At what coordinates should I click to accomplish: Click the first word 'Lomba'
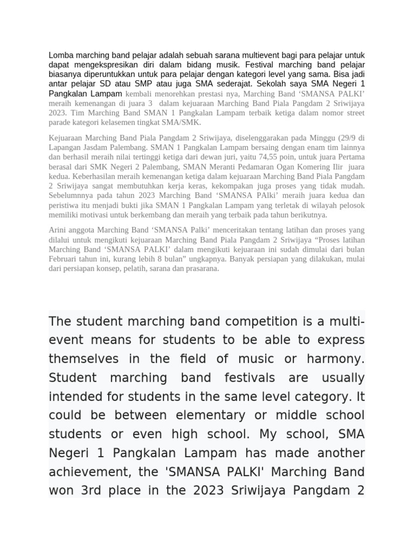click(60, 55)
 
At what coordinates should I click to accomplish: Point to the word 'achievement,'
click(87, 472)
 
